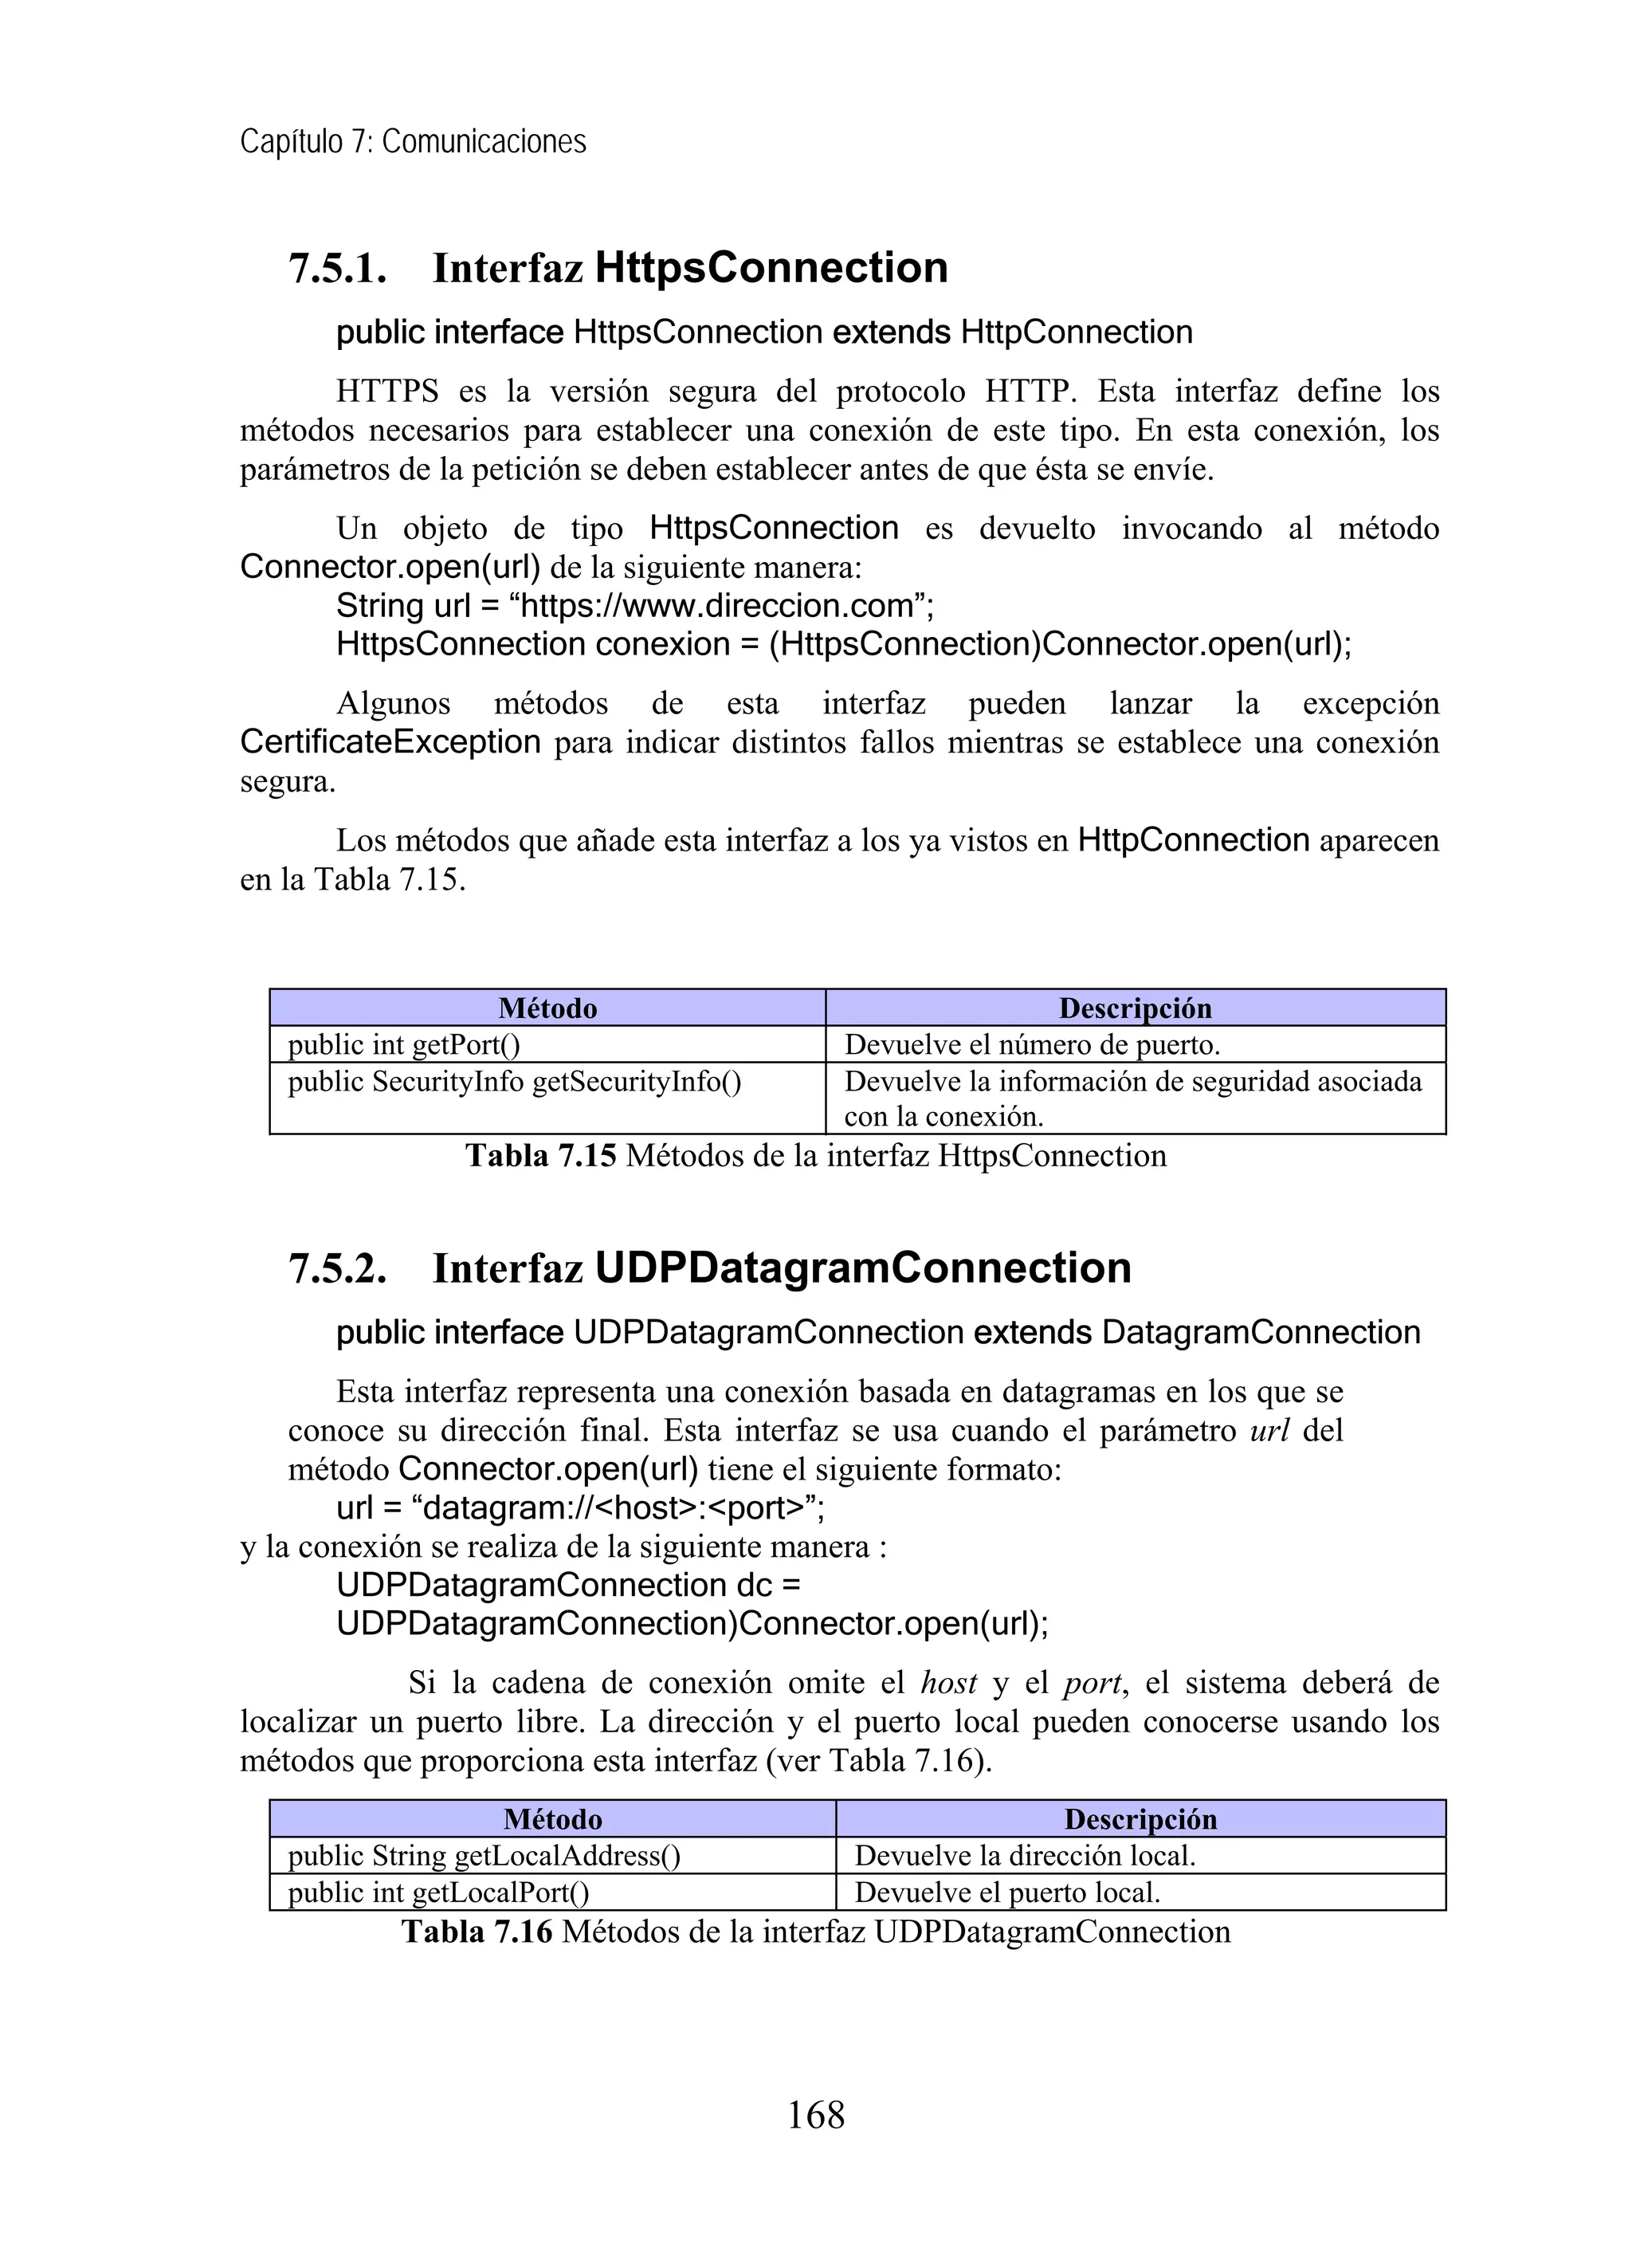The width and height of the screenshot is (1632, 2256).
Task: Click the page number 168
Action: click(x=815, y=2115)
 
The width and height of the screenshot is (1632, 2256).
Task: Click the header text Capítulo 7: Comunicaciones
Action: click(x=413, y=142)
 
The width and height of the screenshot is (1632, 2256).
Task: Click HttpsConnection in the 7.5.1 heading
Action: click(x=771, y=269)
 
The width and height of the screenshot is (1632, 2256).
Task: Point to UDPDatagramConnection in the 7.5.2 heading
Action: click(x=862, y=1268)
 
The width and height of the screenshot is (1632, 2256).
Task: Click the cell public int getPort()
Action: click(x=404, y=1044)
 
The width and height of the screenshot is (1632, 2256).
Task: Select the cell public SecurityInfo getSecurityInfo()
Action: click(x=514, y=1081)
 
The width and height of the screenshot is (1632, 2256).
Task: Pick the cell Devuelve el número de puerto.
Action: click(x=1031, y=1044)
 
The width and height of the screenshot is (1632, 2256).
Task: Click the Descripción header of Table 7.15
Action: click(x=1135, y=1008)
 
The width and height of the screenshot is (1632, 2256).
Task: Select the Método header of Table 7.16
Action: click(x=552, y=1819)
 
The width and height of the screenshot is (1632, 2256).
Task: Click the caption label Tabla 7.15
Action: click(x=541, y=1156)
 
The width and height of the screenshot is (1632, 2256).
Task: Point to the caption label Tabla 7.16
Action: click(x=477, y=1932)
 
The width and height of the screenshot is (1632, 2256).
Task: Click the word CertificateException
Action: click(x=390, y=742)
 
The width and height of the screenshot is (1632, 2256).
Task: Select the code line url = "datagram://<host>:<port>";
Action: click(x=580, y=1508)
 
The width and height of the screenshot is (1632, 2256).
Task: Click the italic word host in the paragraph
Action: click(x=949, y=1683)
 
